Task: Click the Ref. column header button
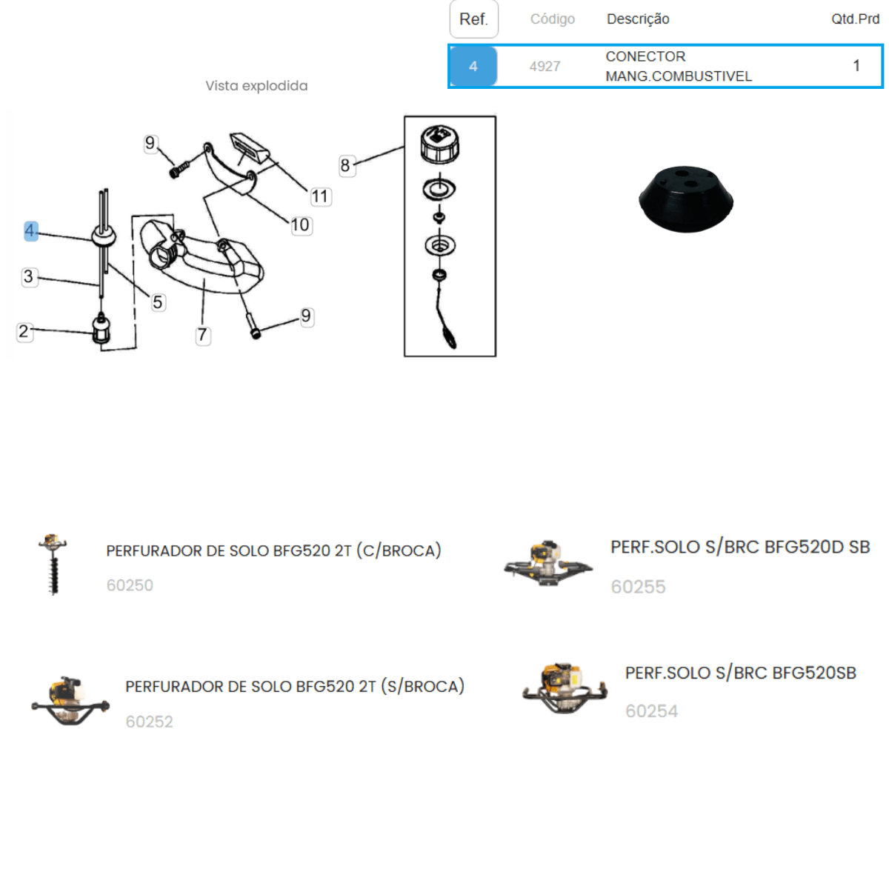474,19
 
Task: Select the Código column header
552,19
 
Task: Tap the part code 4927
545,67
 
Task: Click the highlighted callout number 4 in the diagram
31,230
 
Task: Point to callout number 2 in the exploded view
24,331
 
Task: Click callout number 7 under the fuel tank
202,335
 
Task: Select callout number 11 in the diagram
320,196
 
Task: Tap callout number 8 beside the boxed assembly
345,165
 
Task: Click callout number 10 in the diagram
300,225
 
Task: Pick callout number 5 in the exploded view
158,303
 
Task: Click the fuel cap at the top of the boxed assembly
439,145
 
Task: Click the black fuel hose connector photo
686,199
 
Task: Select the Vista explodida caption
256,86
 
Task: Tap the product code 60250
130,585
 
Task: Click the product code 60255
638,587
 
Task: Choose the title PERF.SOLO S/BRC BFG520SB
740,673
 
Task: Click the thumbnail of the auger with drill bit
53,565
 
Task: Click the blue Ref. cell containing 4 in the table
473,67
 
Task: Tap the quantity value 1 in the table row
856,65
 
